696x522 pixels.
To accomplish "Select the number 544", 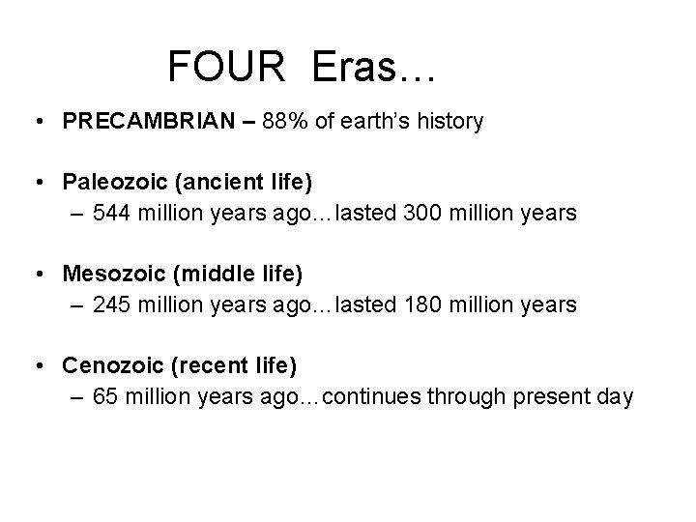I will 113,213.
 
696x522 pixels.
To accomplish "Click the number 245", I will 113,304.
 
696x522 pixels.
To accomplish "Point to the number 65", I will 106,396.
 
